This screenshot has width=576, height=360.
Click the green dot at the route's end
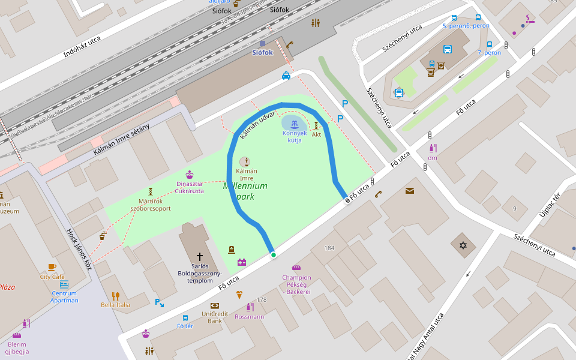click(x=274, y=255)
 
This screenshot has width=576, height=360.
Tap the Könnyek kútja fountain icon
click(x=294, y=124)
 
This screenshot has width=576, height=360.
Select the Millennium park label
click(x=245, y=191)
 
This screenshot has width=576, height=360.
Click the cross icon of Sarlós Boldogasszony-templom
click(x=200, y=256)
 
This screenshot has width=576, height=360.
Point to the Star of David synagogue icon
click(x=463, y=245)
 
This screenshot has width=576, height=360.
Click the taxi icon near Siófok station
click(x=286, y=76)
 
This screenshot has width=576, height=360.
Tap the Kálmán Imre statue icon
click(x=245, y=161)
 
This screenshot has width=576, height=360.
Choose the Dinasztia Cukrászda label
click(x=190, y=187)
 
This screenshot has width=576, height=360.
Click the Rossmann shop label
click(x=249, y=316)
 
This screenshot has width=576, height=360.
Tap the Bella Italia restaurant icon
click(x=115, y=296)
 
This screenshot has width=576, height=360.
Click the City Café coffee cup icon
click(x=52, y=267)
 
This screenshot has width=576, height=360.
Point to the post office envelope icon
click(x=409, y=191)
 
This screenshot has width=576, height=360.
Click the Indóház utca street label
click(x=82, y=47)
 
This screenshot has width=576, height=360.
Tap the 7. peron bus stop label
click(x=489, y=53)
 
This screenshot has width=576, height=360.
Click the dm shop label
click(x=432, y=158)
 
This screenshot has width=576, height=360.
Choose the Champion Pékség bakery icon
click(x=296, y=268)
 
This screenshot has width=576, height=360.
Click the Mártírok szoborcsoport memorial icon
click(x=151, y=191)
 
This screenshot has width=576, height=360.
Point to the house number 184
click(x=329, y=248)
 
